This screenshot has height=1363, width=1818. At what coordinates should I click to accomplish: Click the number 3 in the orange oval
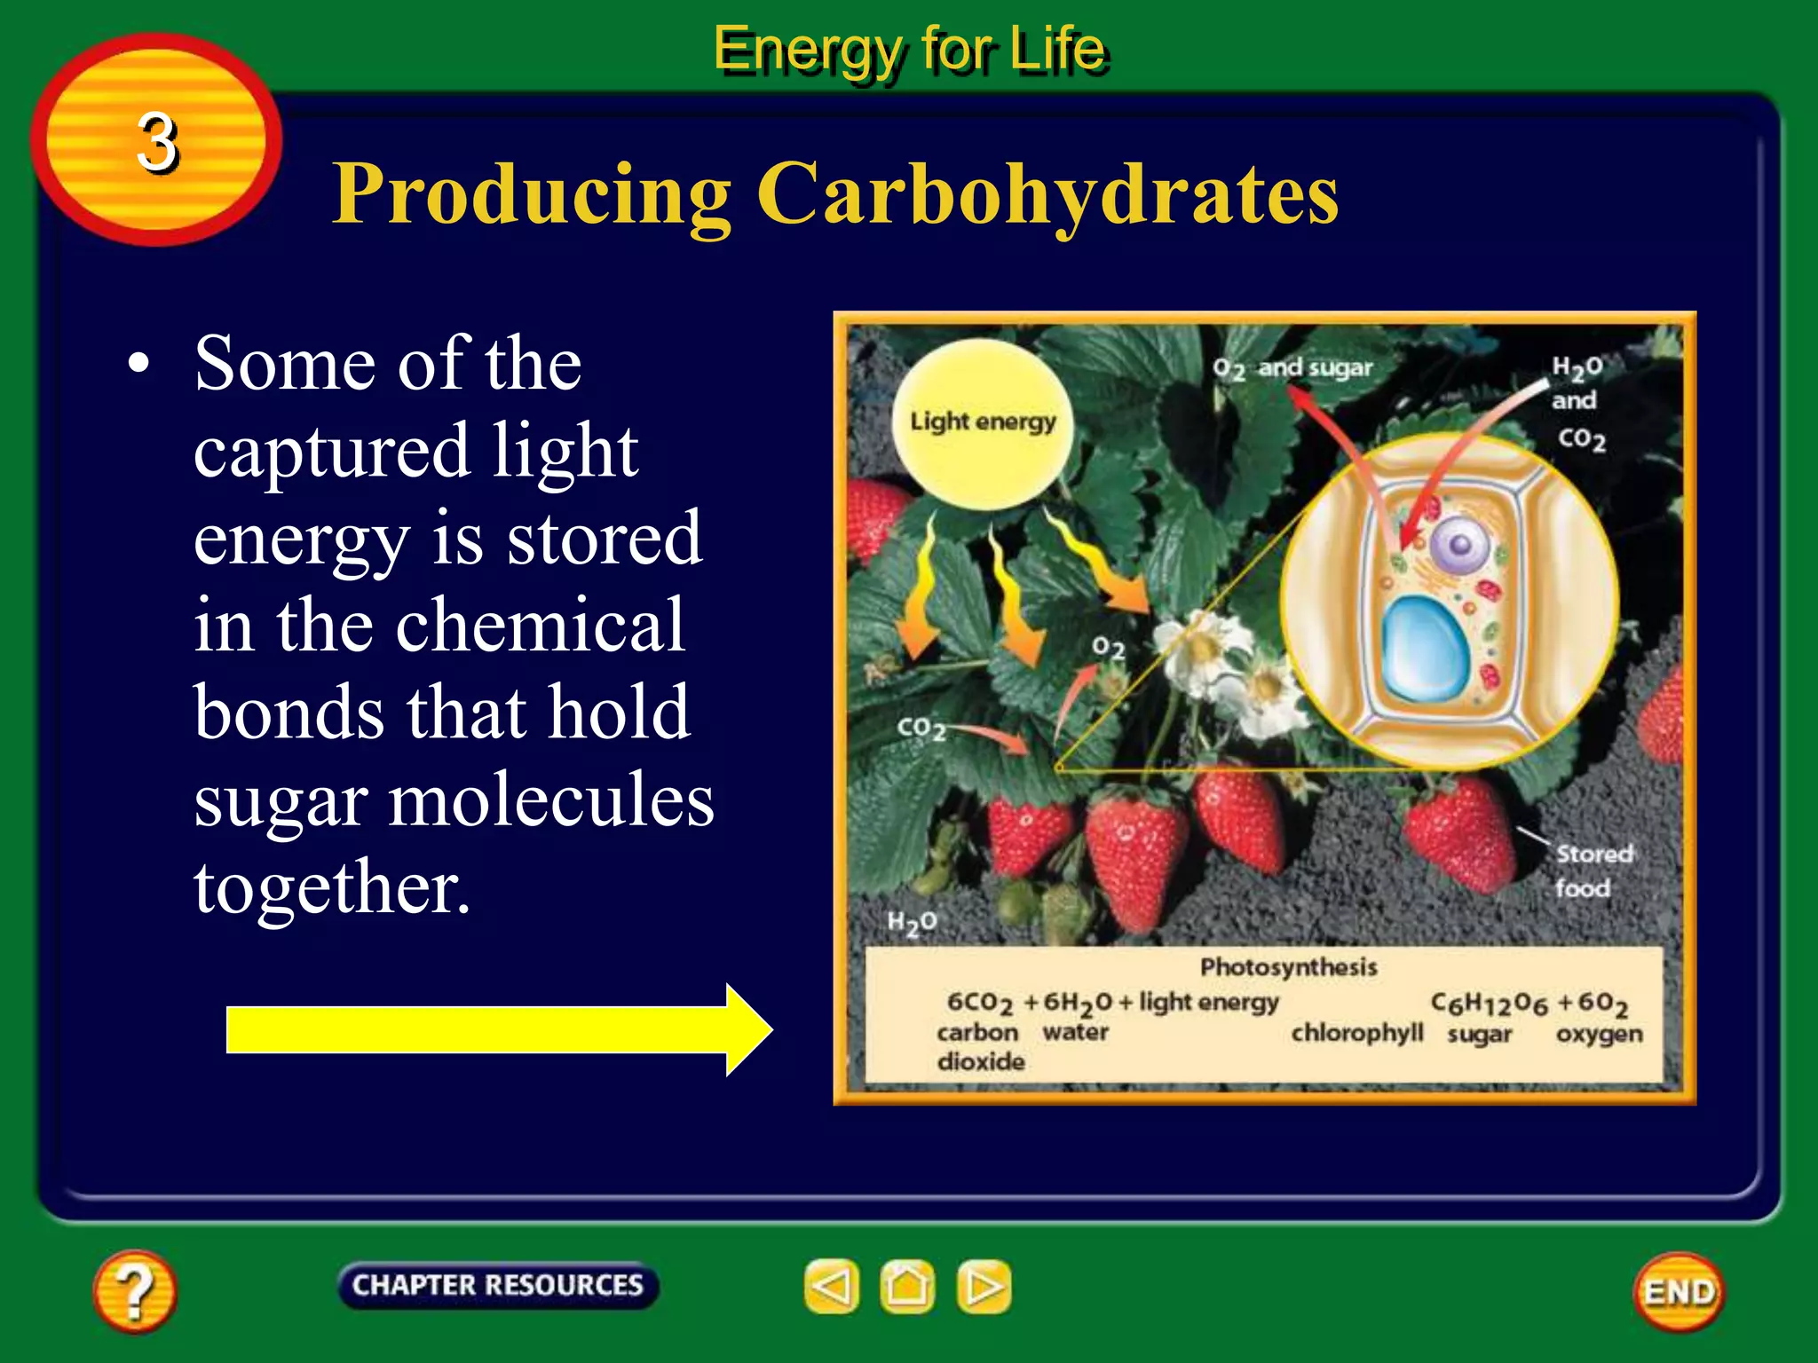tap(157, 142)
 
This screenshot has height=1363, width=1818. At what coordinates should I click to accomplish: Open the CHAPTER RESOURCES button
tap(497, 1285)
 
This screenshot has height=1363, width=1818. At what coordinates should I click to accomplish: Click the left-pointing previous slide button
tap(832, 1286)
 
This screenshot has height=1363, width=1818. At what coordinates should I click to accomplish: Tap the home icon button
tap(907, 1286)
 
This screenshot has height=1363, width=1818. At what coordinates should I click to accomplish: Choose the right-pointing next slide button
tap(984, 1286)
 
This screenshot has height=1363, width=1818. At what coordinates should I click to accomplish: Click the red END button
tap(1679, 1292)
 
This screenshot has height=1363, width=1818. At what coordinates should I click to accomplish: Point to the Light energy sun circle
tap(982, 423)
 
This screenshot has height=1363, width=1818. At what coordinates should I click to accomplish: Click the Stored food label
tap(1589, 871)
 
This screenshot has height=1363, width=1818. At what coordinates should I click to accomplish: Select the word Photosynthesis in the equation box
tap(1288, 966)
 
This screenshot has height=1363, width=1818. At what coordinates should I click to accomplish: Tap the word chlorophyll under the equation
tap(1356, 1033)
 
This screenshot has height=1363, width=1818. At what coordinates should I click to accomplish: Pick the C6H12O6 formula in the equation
tap(1488, 1004)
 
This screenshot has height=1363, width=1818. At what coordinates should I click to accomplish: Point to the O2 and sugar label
tap(1292, 368)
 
